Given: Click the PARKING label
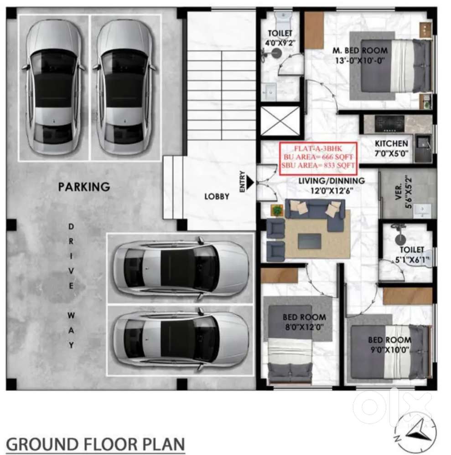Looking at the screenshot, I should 84,186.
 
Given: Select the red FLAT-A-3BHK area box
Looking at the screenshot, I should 317,158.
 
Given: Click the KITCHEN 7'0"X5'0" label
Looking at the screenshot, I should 391,148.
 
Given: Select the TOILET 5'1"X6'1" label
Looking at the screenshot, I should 412,255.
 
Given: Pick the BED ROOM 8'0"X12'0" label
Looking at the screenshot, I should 304,322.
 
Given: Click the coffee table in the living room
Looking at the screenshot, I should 309,240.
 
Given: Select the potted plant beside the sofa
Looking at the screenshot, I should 276,210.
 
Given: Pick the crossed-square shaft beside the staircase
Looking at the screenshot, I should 280,121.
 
